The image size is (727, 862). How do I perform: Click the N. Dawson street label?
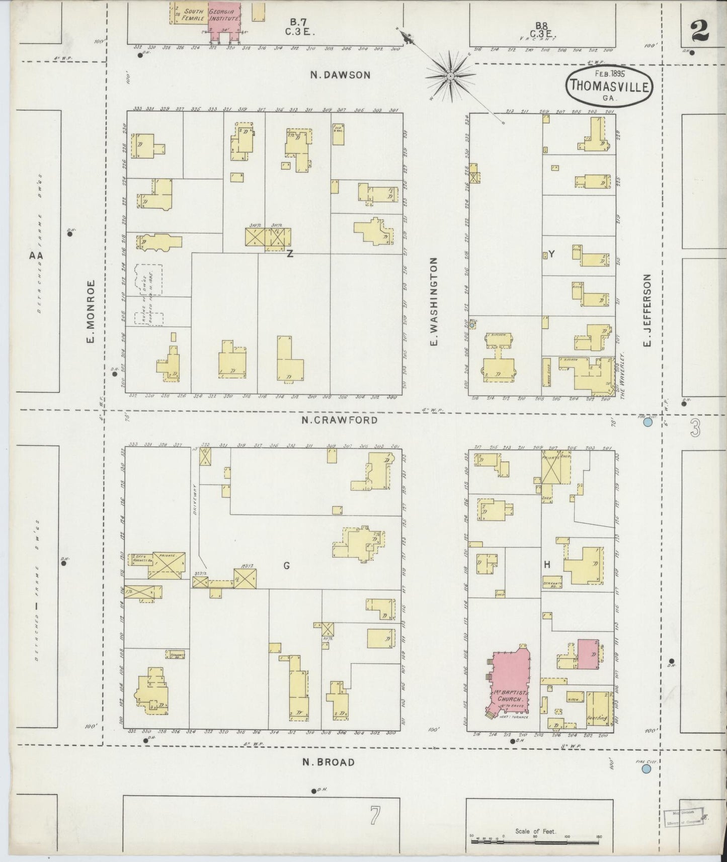click(340, 75)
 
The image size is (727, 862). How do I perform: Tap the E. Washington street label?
click(434, 301)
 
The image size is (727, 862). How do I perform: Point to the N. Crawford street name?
click(340, 419)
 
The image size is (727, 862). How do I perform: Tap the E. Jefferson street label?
click(647, 310)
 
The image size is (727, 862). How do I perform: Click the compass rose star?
click(450, 76)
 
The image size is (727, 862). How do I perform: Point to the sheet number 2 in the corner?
click(700, 31)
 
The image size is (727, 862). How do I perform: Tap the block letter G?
click(286, 566)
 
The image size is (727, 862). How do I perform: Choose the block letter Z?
click(290, 254)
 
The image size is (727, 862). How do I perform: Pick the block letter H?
click(547, 565)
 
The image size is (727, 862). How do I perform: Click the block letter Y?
click(551, 254)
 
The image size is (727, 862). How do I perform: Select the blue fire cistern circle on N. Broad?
click(647, 768)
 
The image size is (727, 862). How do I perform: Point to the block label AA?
click(36, 255)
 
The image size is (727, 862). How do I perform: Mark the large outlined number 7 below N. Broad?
click(374, 815)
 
